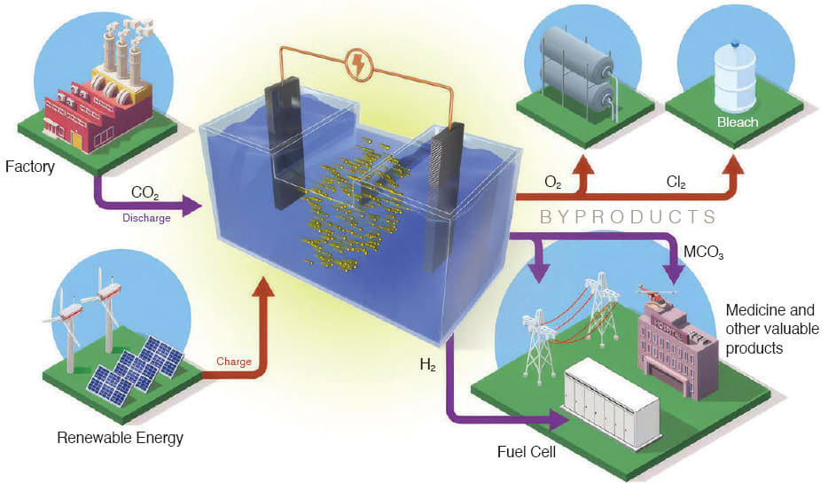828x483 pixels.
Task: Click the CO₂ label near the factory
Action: point(146,191)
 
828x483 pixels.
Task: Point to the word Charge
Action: point(234,362)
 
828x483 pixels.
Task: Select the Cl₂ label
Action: point(678,181)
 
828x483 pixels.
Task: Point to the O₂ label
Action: point(552,181)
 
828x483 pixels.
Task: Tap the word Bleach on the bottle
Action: point(737,121)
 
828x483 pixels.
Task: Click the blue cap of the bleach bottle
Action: point(736,43)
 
